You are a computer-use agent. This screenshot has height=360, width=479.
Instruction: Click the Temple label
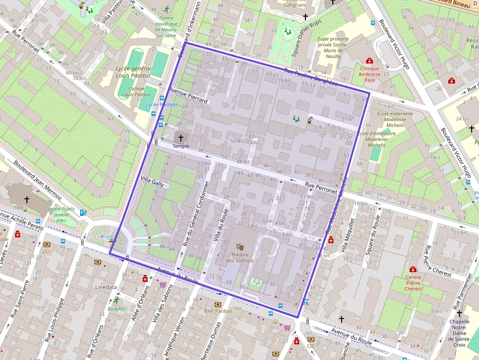[181, 146]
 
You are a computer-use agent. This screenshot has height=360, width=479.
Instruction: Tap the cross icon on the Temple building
[181, 138]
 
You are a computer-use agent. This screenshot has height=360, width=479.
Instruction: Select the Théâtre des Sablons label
[239, 257]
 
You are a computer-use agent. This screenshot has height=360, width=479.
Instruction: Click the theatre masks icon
[239, 248]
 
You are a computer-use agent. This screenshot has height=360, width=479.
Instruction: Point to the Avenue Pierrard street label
[188, 95]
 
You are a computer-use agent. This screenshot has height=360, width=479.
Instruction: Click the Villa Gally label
[152, 182]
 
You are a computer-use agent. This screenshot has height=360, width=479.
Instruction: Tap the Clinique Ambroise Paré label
[370, 74]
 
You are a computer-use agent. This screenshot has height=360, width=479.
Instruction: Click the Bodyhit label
[116, 309]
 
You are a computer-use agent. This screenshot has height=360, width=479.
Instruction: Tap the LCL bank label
[47, 251]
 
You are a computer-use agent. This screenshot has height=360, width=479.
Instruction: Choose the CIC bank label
[311, 346]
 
